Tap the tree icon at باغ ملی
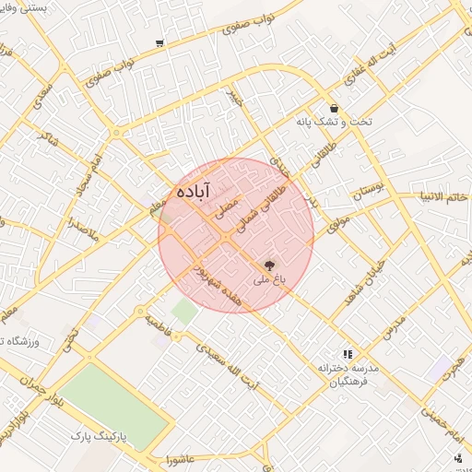coord(269,264)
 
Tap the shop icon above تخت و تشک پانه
coord(333,108)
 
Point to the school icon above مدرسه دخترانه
coord(348,353)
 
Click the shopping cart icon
coord(160,43)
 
